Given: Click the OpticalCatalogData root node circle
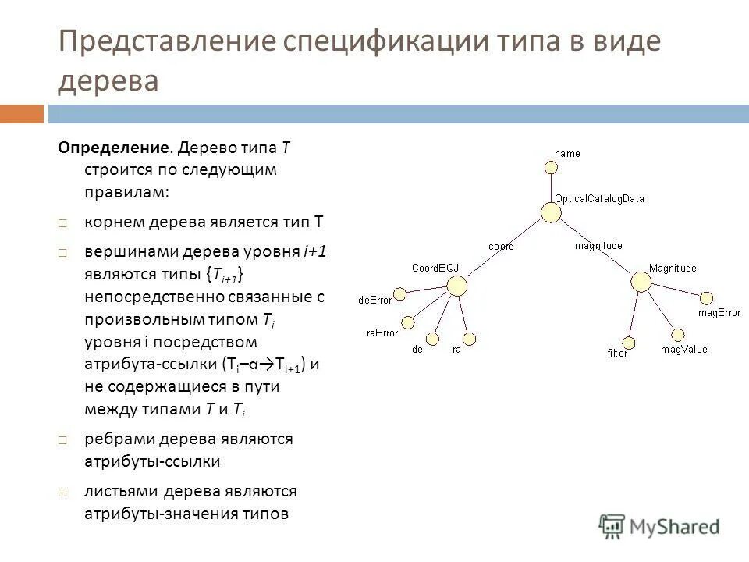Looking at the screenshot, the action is tap(551, 212).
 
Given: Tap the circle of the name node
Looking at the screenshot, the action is tap(551, 167).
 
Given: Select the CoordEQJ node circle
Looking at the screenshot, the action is tap(456, 286).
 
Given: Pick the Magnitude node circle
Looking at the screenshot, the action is tap(641, 282).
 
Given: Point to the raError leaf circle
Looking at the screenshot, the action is tap(407, 322).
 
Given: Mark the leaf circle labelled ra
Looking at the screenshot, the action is tap(469, 339).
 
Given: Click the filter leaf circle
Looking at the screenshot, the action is tap(629, 343).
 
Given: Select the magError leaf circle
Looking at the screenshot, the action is tap(705, 297).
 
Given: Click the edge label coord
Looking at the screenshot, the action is tap(501, 246).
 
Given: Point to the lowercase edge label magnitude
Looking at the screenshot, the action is tap(598, 245).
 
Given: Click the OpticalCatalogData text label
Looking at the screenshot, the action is tap(599, 198).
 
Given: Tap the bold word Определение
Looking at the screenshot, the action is tap(115, 148).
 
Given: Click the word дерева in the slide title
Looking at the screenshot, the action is tap(108, 80).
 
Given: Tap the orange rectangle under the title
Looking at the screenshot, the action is tap(22, 114).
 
